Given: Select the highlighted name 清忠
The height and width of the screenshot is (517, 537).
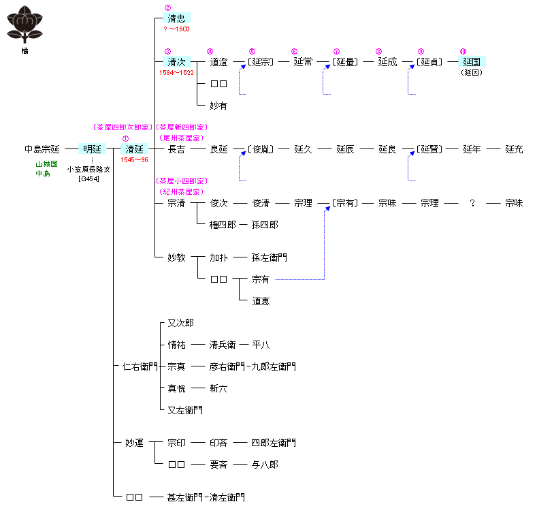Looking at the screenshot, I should pos(176,18).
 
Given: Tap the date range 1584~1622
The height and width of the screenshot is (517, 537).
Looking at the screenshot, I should pos(176,72).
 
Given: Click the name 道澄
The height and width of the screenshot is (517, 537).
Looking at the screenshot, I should pos(218,62).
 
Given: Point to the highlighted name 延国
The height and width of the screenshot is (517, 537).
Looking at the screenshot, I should pos(472,62).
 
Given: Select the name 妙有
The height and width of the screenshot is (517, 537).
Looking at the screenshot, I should pos(218,106).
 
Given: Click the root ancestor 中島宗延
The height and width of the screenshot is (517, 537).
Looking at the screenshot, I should pos(42,149).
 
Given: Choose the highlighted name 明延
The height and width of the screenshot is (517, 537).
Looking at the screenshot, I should pos(92,149).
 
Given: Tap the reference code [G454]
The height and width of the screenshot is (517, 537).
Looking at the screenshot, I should pos(89,178).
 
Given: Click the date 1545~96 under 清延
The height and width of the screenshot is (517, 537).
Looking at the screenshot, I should pos(134,159).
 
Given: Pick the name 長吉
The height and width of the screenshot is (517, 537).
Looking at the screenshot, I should pos(176,149).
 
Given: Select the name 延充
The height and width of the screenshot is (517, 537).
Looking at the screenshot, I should pos(514,149).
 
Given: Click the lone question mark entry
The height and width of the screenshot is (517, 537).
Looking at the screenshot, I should pos(472,204).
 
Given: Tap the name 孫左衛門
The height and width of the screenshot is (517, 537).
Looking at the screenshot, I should pos(269,257).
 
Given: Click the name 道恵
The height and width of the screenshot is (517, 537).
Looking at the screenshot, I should pos(261,301).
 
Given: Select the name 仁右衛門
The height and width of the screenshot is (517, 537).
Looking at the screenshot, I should pos(140,366).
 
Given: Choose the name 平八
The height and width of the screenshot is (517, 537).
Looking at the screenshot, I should pos(261,345).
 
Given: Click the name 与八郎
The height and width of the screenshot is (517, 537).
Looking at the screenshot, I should pos(265,465).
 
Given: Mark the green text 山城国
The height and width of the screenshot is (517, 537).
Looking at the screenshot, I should pos(47,165).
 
